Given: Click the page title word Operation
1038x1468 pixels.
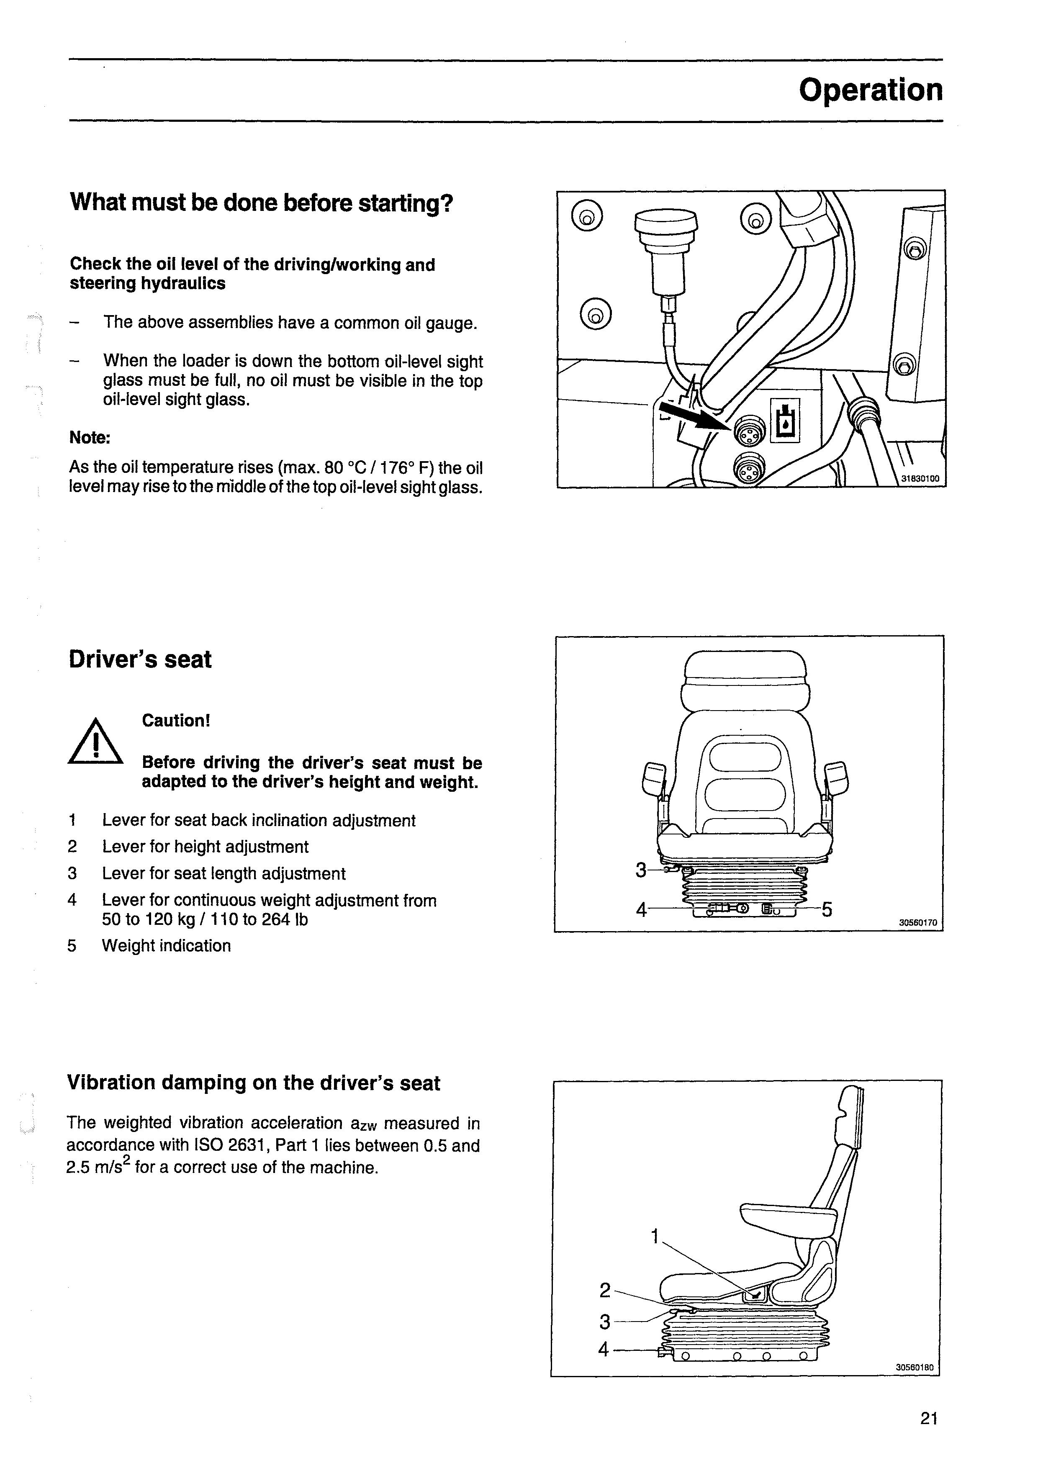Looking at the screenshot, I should point(871,90).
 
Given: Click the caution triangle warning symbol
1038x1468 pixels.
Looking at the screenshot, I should point(95,743).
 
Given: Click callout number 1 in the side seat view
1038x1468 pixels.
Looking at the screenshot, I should point(654,1237).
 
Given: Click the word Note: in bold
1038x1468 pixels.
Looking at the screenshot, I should point(90,438).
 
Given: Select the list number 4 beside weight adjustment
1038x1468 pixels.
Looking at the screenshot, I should point(72,900).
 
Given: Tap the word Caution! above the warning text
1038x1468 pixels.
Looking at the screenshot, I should point(176,721).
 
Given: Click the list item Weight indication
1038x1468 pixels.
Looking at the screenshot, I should point(166,946).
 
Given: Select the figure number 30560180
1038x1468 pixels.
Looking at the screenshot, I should point(915,1368).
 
